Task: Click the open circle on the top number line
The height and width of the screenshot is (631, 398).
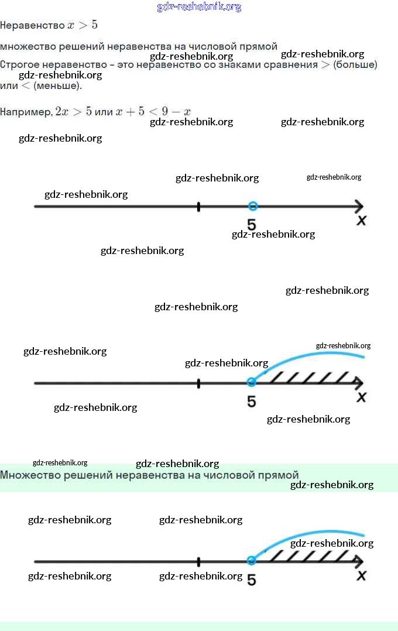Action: (x=252, y=206)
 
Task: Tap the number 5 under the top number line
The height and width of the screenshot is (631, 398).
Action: (x=251, y=225)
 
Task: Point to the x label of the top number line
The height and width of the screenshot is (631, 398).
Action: (x=362, y=221)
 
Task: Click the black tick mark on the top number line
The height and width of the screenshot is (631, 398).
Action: (x=198, y=207)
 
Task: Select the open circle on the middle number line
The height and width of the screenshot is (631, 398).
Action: (x=252, y=382)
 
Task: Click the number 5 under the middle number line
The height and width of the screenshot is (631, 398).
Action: (x=251, y=402)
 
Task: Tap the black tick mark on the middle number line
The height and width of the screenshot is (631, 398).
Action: (x=198, y=383)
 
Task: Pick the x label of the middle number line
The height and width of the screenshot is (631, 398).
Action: (x=362, y=397)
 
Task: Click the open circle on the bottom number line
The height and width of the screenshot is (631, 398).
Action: (x=252, y=560)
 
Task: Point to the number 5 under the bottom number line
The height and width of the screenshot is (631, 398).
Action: (x=251, y=579)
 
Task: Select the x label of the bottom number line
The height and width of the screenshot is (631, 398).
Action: (x=362, y=576)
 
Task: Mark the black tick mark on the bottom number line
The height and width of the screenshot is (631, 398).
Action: (x=198, y=561)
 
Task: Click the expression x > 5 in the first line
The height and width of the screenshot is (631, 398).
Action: (x=83, y=26)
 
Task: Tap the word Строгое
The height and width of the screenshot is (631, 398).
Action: (x=19, y=64)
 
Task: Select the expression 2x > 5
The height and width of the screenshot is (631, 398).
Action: (x=73, y=112)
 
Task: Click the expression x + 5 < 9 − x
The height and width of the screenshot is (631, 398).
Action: (x=153, y=112)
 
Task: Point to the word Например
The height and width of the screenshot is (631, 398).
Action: (x=26, y=112)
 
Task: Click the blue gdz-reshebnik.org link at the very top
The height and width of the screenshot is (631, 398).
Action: (x=199, y=7)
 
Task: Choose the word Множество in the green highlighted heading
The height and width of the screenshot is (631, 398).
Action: (x=27, y=475)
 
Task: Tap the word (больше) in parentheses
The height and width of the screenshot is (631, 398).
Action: (x=355, y=64)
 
